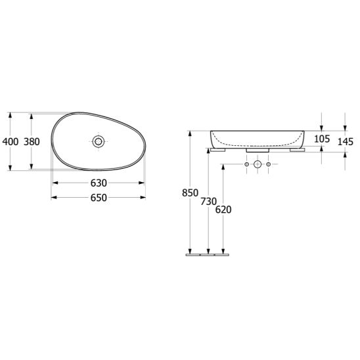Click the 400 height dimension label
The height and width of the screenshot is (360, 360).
click(x=10, y=141)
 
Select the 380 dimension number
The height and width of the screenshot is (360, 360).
click(x=32, y=141)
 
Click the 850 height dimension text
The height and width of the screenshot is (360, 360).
click(x=190, y=192)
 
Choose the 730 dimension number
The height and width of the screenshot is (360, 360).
click(x=209, y=202)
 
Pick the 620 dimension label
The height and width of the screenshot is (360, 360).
click(x=224, y=210)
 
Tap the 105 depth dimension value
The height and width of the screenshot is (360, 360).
click(x=322, y=139)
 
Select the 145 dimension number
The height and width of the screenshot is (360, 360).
click(x=346, y=141)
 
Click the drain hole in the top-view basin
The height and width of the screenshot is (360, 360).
click(x=99, y=141)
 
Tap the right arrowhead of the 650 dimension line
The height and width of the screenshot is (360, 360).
click(x=143, y=197)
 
